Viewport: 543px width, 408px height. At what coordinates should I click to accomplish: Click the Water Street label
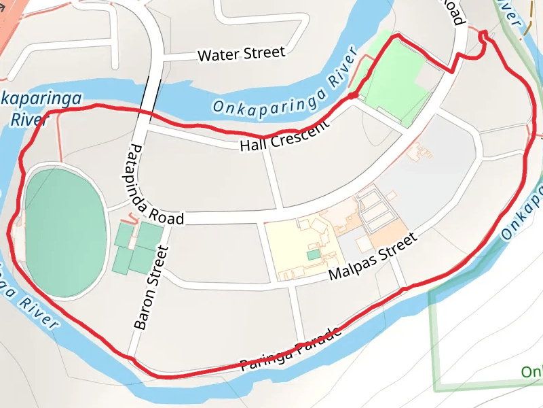[x=241, y=54]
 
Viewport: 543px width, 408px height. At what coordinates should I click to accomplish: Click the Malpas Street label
[x=371, y=257]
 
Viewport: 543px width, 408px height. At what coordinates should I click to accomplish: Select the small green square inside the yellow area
[x=312, y=254]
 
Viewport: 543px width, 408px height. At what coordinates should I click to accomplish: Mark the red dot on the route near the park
[x=353, y=96]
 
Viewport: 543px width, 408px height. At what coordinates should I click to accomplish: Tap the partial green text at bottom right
[x=531, y=372]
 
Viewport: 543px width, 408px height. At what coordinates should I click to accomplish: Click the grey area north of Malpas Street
[x=434, y=163]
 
